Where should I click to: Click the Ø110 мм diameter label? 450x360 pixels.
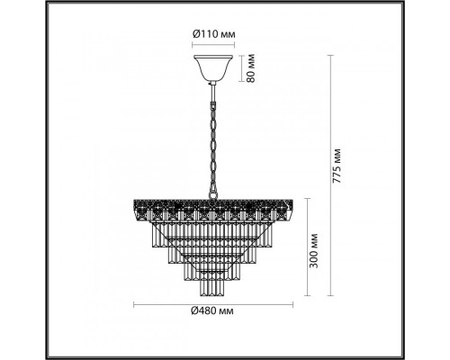(x=212, y=35)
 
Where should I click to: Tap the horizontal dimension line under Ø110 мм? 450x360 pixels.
(x=212, y=46)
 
